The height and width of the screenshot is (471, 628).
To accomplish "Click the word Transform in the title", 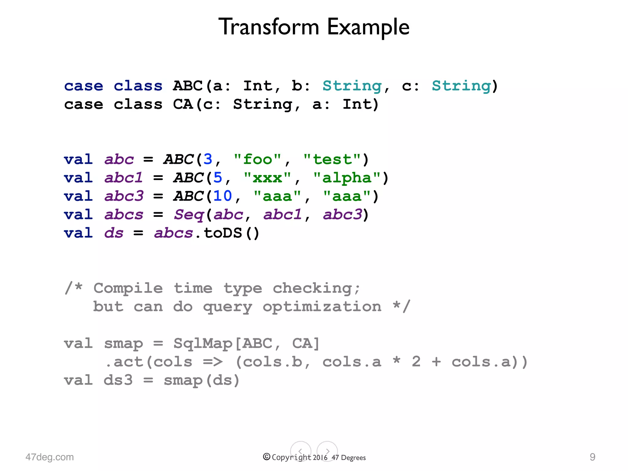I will (269, 27).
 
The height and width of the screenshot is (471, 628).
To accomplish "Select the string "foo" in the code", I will (257, 159).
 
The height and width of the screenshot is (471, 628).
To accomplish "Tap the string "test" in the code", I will (332, 159).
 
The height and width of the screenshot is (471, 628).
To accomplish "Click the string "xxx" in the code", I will (267, 178).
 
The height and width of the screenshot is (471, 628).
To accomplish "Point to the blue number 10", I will (223, 196).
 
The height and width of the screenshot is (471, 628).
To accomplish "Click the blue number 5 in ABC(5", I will (218, 178).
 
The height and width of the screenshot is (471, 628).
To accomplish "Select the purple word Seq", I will (189, 215).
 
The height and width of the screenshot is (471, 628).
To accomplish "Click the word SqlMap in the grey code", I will (203, 343).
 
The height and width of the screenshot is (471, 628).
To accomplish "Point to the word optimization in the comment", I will (322, 307).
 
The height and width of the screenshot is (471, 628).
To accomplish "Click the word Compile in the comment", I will (128, 288).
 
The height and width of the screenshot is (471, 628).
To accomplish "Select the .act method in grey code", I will (124, 362).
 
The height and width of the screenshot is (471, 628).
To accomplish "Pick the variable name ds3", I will (118, 380).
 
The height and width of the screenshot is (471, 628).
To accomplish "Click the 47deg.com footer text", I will (50, 457).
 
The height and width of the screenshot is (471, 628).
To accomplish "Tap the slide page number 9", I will (592, 457).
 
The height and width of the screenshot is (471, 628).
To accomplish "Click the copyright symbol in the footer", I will (266, 457).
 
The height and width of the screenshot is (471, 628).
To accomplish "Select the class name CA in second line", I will (183, 104).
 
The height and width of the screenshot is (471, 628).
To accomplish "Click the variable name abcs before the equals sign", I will (124, 215).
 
